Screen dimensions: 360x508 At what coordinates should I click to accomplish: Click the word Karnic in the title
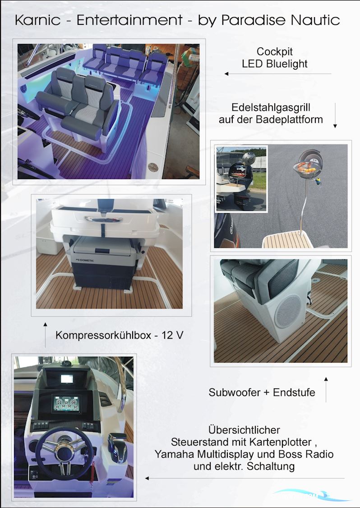tap(37, 20)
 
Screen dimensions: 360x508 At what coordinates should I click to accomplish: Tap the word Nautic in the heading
tap(315, 20)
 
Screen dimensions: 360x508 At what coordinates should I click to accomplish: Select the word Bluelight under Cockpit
tap(286, 64)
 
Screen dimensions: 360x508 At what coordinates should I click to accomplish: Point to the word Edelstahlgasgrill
tap(271, 107)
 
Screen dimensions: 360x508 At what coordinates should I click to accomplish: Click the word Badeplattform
tap(289, 119)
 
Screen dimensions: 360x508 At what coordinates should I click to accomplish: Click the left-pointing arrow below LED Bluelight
tap(278, 74)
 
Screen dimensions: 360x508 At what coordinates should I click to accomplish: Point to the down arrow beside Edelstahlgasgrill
tap(335, 115)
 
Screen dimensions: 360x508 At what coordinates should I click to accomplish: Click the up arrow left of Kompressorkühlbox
tap(45, 335)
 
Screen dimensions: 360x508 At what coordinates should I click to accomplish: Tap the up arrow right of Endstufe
tap(326, 390)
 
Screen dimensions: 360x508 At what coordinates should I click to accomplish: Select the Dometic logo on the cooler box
tap(84, 260)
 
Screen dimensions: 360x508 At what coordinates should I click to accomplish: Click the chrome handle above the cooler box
tap(103, 219)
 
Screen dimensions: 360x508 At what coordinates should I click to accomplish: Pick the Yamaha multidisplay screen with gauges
tap(66, 403)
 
